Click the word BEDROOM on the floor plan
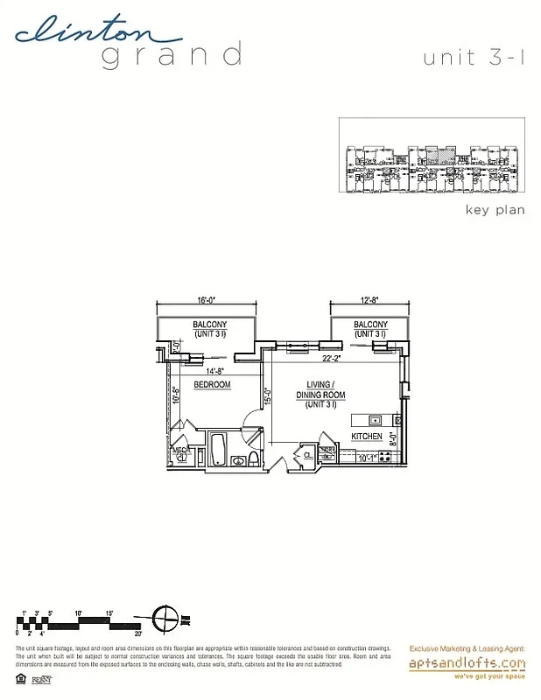[211, 385]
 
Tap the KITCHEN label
[367, 435]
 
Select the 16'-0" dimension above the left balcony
[207, 300]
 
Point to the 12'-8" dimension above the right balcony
[369, 300]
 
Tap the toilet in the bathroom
[251, 459]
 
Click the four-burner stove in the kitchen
[383, 456]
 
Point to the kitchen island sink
[372, 417]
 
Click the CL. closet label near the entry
[308, 454]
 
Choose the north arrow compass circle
[164, 619]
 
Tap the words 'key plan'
[495, 210]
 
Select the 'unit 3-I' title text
[474, 59]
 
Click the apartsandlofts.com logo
[467, 664]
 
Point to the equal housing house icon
[21, 677]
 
